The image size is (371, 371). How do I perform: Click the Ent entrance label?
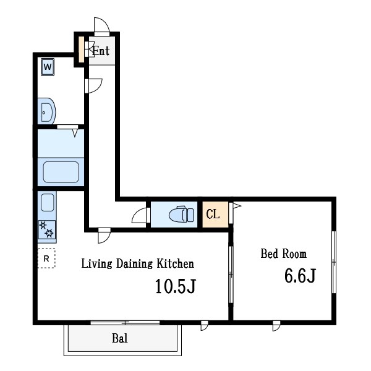pos(101,51)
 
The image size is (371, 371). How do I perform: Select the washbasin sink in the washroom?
pos(46,112)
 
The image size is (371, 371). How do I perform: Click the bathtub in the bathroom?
pos(60,171)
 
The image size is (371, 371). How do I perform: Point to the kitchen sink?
pos(48,202)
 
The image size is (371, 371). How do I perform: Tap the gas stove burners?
pos(48,229)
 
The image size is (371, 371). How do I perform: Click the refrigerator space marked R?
pos(46,257)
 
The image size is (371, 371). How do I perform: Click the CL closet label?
pos(213,215)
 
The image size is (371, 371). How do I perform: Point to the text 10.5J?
pos(176,286)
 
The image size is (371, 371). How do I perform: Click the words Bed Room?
pos(283,254)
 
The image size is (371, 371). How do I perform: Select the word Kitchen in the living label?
pos(175,264)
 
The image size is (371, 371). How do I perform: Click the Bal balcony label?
pos(120,339)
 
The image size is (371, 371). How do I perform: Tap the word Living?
pos(95,264)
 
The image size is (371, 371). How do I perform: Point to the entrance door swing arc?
pos(101,25)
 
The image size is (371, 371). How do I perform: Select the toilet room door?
pos(141,216)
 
